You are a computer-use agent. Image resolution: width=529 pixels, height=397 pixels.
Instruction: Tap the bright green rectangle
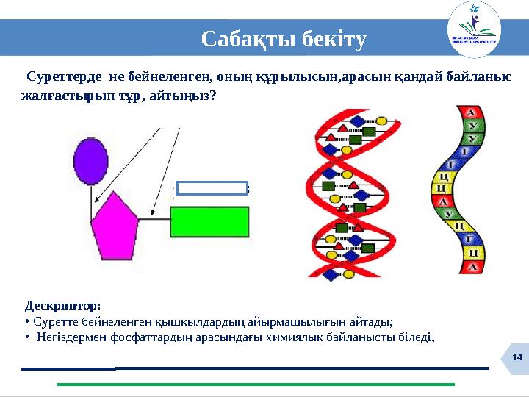(x=209, y=220)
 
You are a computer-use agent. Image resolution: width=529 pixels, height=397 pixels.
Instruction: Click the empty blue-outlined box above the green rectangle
(x=212, y=187)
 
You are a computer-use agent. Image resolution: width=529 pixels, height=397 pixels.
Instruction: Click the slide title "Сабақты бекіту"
(x=283, y=38)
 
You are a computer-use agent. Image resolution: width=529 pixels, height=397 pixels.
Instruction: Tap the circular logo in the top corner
(x=474, y=29)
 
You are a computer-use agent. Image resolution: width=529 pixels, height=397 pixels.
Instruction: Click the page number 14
(x=517, y=357)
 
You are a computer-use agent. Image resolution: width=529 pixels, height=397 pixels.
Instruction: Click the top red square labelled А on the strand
(x=471, y=112)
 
